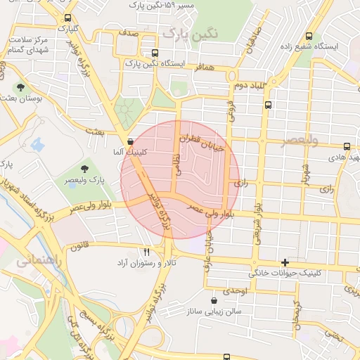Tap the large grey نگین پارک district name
pos(189,33)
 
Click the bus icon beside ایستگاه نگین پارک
pos(155,53)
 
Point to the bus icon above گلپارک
pos(67,18)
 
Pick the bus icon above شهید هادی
pos(347,146)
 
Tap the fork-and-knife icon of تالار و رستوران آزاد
pos(146,251)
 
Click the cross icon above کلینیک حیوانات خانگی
pos(285,262)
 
